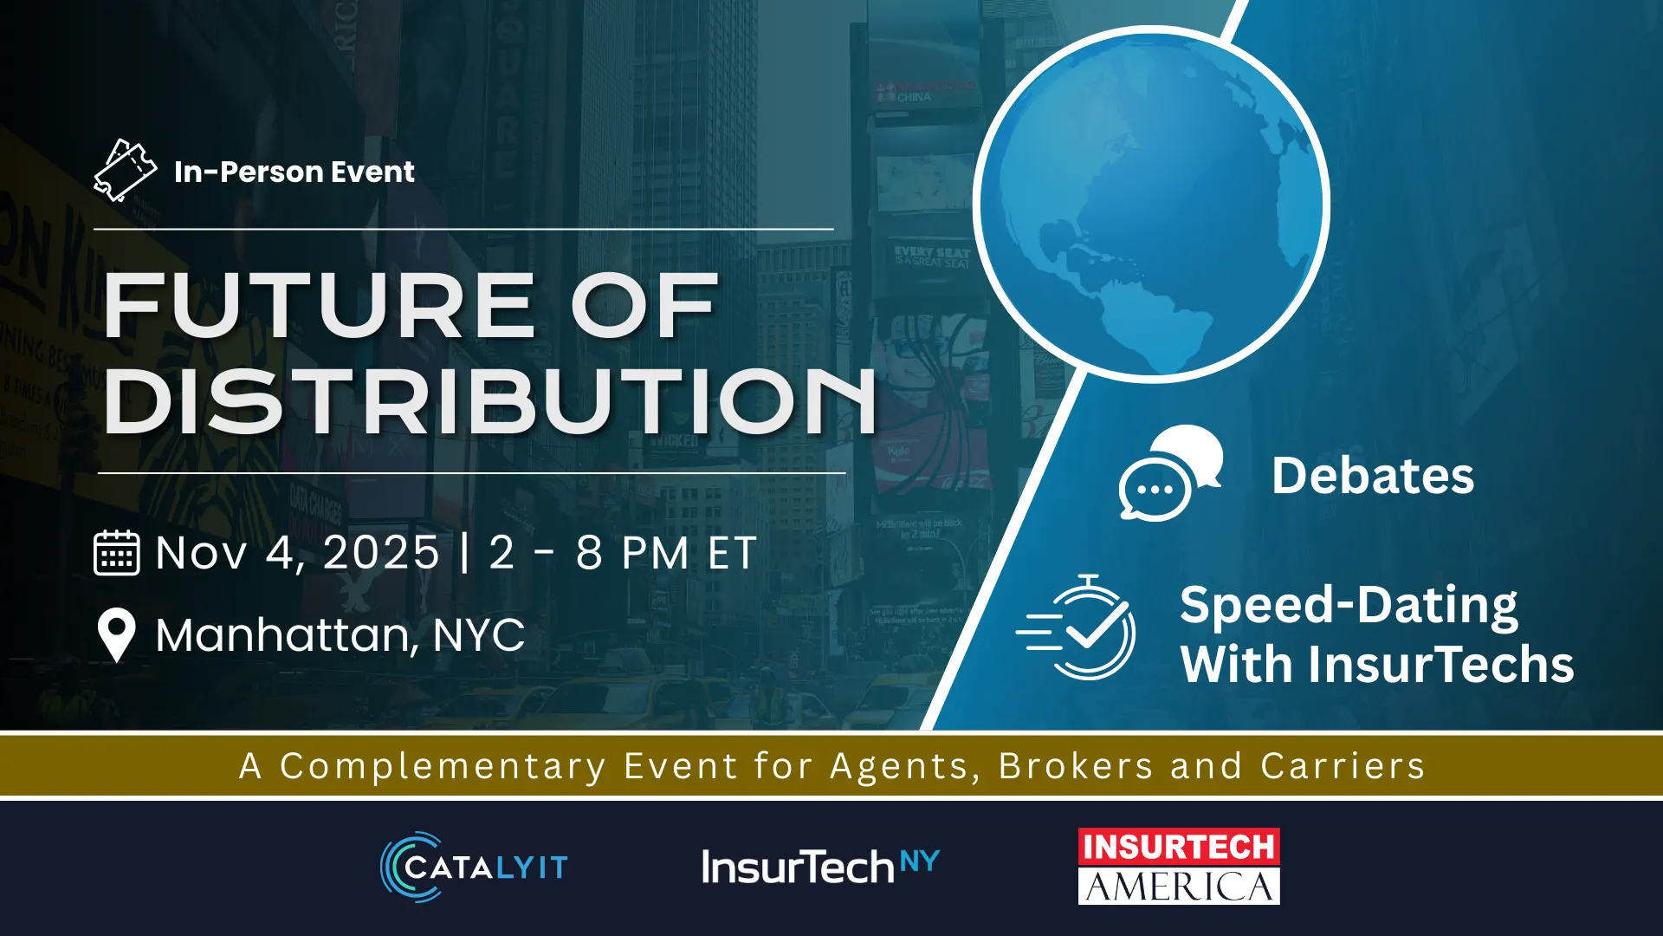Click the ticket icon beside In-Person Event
126,171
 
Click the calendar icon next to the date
116,553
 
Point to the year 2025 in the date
381,553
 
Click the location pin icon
117,635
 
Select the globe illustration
1151,205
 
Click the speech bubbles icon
1170,473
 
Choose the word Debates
1373,476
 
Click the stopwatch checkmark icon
1076,627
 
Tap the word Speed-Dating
1349,605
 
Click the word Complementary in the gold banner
443,766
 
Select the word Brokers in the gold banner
1076,766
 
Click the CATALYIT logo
474,867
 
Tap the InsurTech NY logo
820,867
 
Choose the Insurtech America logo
1179,867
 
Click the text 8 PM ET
667,553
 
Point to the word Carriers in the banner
1343,766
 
